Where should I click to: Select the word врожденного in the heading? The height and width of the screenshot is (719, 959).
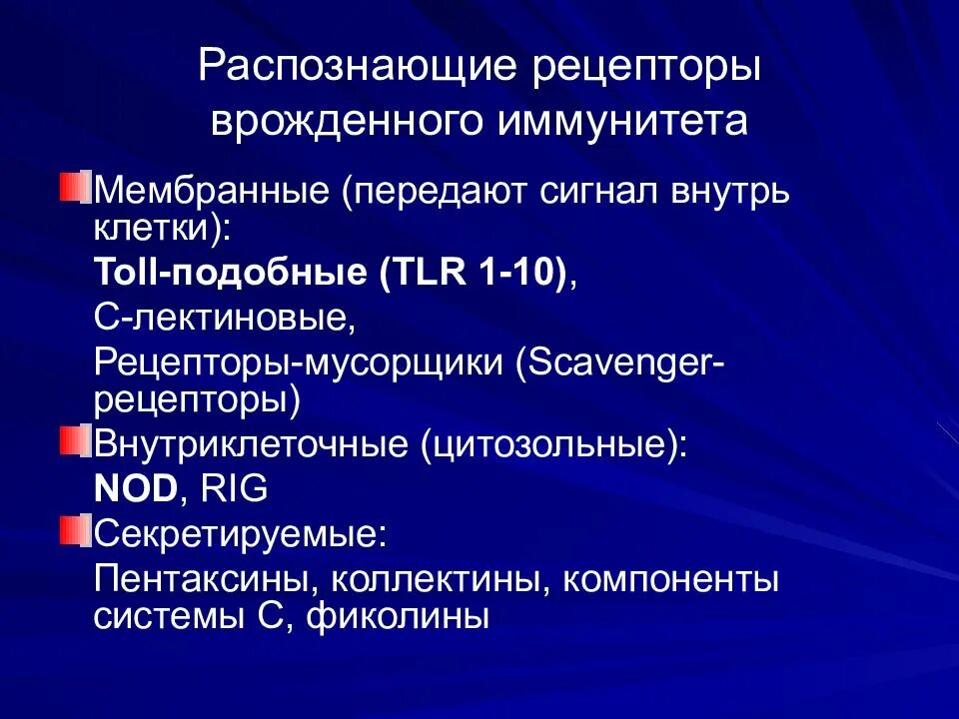coord(343,122)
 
